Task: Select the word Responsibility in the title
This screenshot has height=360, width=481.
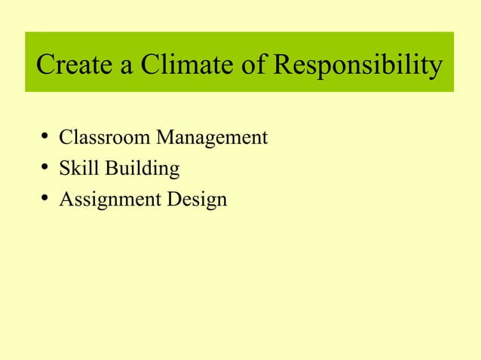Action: click(357, 66)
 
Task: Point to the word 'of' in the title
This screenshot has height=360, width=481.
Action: click(252, 66)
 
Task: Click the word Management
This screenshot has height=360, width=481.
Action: click(211, 139)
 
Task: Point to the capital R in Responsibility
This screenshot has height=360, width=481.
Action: click(281, 66)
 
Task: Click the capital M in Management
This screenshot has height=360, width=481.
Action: click(164, 138)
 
